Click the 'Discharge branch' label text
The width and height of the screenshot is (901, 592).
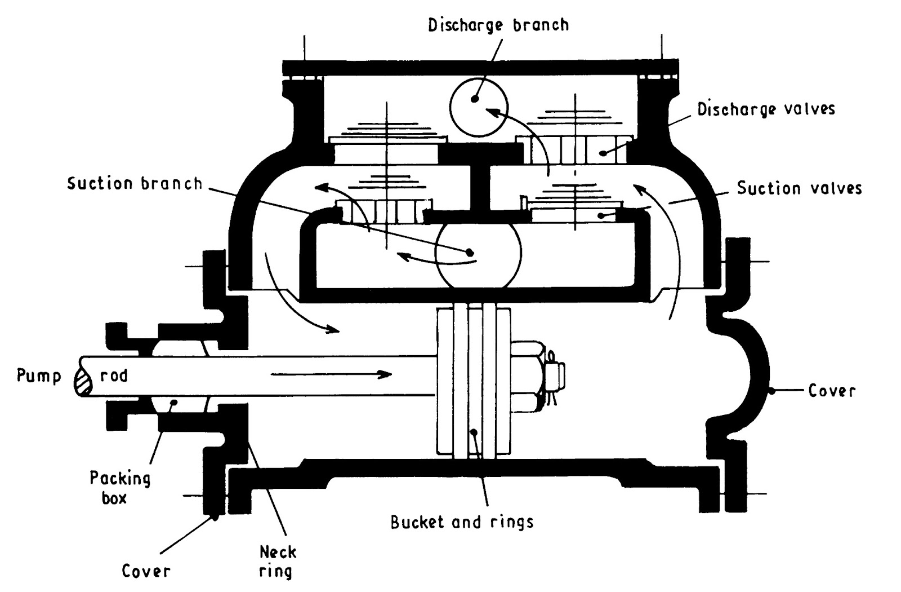pos(498,25)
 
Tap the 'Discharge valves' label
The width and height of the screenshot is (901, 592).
pos(765,109)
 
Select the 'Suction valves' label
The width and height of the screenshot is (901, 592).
pos(799,188)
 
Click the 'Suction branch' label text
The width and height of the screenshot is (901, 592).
pos(135,183)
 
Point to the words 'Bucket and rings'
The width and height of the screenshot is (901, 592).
pos(462,522)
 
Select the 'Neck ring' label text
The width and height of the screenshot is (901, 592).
pos(278,561)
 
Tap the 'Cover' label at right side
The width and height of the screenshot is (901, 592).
pos(831,390)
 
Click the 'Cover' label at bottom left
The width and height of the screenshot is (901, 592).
pos(146,571)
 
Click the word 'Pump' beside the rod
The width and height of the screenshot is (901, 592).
pos(38,375)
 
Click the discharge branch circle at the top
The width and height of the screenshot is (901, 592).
pos(479,107)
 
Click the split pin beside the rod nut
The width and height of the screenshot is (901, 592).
pos(554,375)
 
